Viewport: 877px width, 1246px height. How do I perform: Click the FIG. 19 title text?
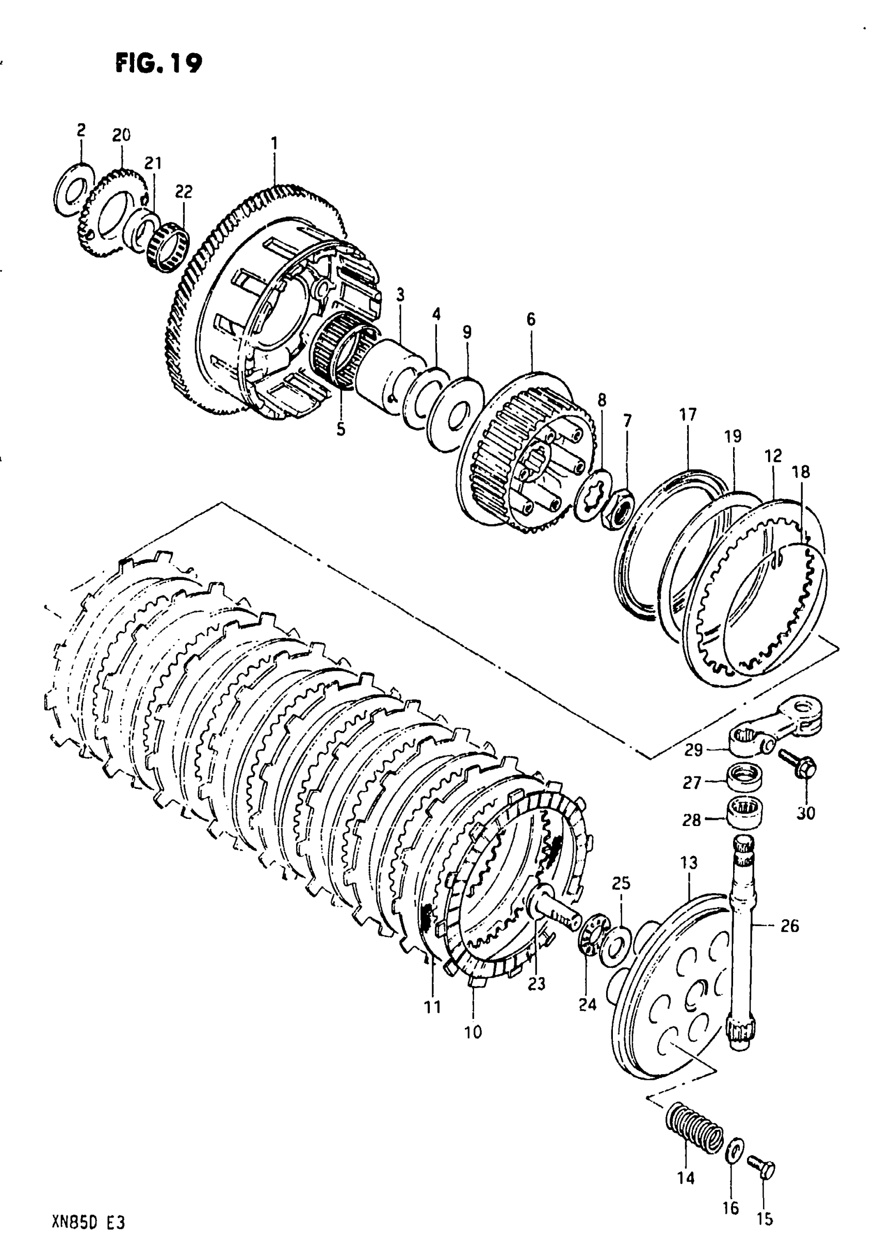(158, 63)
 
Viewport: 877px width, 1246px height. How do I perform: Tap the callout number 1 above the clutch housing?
(274, 143)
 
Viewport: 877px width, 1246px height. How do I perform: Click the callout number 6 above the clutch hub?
(531, 320)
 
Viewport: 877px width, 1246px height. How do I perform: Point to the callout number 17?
(687, 415)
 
